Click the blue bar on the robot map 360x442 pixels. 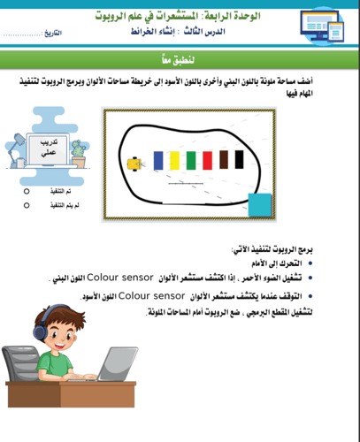tap(157, 160)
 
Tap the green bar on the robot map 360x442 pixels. tap(192, 160)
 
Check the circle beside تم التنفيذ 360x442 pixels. tap(27, 191)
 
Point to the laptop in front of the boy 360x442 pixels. tap(115, 362)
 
